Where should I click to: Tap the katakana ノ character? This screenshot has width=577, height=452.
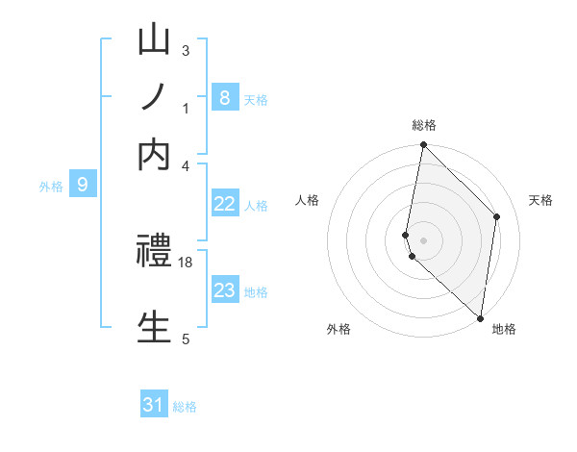point(154,99)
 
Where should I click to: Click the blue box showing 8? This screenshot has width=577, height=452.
point(224,97)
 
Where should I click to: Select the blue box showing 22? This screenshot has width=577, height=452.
point(224,204)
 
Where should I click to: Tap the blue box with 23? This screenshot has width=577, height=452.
point(224,290)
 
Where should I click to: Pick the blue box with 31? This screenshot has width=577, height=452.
point(154,405)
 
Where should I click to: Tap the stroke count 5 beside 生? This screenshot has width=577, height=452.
point(186,339)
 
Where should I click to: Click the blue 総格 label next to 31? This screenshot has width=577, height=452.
point(185,407)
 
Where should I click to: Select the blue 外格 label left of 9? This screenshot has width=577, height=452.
point(51,187)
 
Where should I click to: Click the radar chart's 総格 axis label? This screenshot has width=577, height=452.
point(424,125)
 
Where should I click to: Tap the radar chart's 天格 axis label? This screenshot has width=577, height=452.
point(540,200)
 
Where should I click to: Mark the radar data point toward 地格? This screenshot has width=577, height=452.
point(480,317)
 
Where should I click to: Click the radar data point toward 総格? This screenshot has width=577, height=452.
point(424,145)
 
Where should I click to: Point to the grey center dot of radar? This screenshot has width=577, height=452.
point(424,239)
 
